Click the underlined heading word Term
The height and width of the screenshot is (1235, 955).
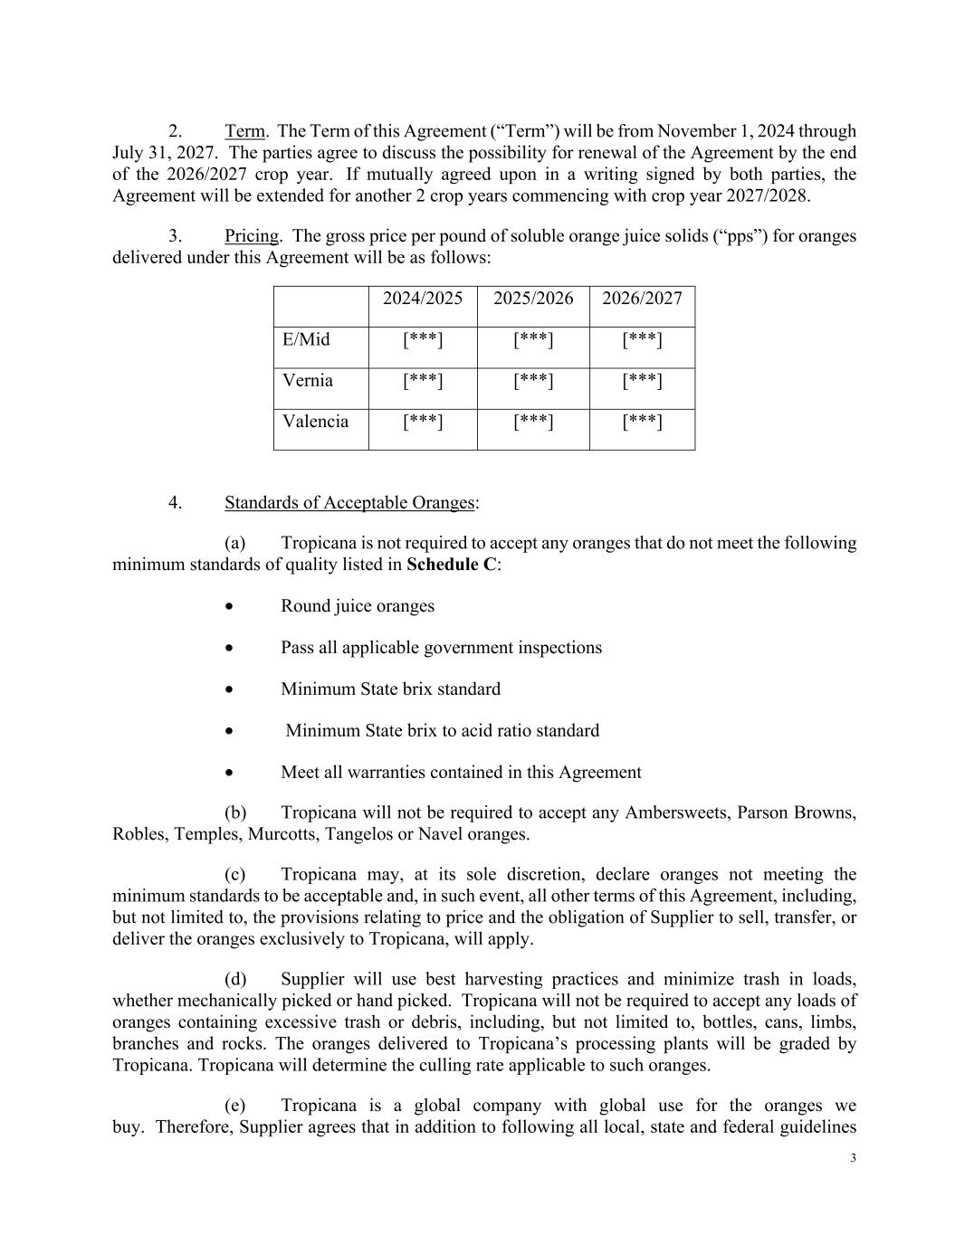pyautogui.click(x=244, y=132)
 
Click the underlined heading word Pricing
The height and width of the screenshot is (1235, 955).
pyautogui.click(x=252, y=236)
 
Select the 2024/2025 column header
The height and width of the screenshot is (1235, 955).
pyautogui.click(x=423, y=299)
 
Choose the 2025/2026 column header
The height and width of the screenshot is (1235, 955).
pyautogui.click(x=533, y=299)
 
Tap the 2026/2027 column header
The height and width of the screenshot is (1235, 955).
pyautogui.click(x=642, y=299)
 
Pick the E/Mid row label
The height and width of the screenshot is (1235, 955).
pyautogui.click(x=306, y=340)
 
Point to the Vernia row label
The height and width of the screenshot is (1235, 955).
pyautogui.click(x=308, y=381)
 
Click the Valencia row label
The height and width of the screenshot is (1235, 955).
pyautogui.click(x=315, y=422)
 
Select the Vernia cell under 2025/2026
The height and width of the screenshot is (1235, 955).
pyautogui.click(x=533, y=381)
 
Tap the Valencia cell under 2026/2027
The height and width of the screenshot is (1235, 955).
pyautogui.click(x=642, y=422)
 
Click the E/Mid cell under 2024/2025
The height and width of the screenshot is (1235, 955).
pyautogui.click(x=423, y=340)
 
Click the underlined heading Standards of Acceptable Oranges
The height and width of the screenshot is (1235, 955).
pyautogui.click(x=349, y=503)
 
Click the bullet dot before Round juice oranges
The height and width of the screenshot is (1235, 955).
pyautogui.click(x=231, y=607)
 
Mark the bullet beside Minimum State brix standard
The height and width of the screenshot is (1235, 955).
pyautogui.click(x=231, y=690)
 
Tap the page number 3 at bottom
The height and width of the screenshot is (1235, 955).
pyautogui.click(x=853, y=1159)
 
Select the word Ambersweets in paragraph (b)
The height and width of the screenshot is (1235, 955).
pyautogui.click(x=676, y=812)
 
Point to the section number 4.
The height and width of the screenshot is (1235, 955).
pyautogui.click(x=175, y=503)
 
